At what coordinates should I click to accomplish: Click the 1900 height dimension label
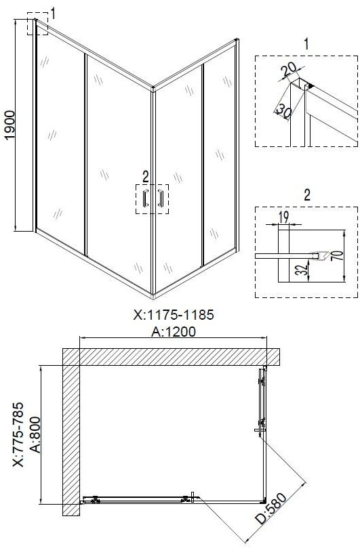pyautogui.click(x=9, y=125)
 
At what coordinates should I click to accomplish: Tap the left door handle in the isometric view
pyautogui.click(x=145, y=198)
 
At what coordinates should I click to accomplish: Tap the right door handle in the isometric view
pyautogui.click(x=161, y=198)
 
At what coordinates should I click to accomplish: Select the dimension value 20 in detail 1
pyautogui.click(x=289, y=69)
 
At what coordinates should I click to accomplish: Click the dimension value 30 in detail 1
pyautogui.click(x=284, y=111)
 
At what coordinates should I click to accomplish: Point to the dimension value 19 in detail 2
pyautogui.click(x=283, y=217)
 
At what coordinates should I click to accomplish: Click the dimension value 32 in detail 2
pyautogui.click(x=302, y=269)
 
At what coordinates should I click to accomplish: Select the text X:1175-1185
pyautogui.click(x=174, y=314)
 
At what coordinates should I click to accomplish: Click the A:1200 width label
pyautogui.click(x=174, y=331)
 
